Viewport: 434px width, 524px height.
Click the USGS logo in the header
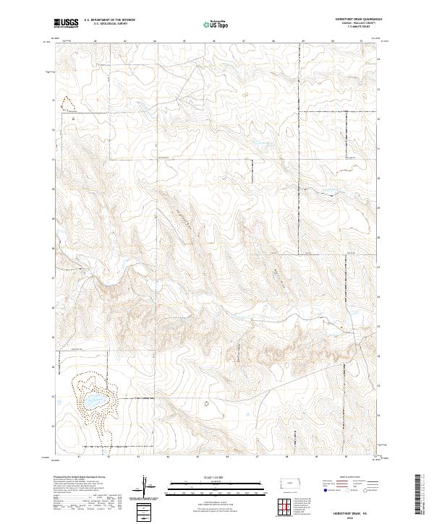66,24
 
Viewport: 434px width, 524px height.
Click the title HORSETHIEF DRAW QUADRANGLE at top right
357,20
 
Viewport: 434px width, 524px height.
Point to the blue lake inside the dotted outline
93,400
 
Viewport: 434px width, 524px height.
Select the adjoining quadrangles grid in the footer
286,507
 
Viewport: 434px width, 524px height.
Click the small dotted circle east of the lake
206,403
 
